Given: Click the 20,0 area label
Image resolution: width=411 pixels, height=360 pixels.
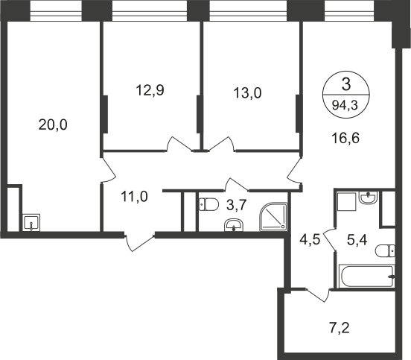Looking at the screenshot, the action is pyautogui.click(x=53, y=124).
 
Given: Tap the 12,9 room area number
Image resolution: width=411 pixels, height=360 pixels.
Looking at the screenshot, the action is pyautogui.click(x=150, y=90).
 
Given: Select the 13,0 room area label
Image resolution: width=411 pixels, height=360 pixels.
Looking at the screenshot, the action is pyautogui.click(x=247, y=93).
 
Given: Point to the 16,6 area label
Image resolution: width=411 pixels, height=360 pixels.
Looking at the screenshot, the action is pyautogui.click(x=345, y=138).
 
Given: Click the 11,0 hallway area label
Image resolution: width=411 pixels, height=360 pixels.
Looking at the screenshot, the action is pyautogui.click(x=135, y=197).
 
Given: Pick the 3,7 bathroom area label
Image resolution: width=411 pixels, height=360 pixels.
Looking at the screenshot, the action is pyautogui.click(x=237, y=205).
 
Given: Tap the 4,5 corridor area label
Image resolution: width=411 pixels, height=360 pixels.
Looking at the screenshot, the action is pyautogui.click(x=310, y=239).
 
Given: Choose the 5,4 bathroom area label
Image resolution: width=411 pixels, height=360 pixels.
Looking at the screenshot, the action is pyautogui.click(x=357, y=240).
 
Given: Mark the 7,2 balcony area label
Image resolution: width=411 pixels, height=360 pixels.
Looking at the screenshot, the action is pyautogui.click(x=340, y=328).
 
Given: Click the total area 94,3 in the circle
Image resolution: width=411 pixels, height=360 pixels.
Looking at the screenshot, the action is pyautogui.click(x=345, y=106).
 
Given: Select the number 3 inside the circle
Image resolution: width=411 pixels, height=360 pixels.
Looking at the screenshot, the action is pyautogui.click(x=346, y=85).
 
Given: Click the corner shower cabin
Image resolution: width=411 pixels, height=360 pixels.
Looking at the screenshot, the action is pyautogui.click(x=274, y=217).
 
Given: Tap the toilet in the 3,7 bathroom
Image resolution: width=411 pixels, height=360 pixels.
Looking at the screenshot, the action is pyautogui.click(x=208, y=204).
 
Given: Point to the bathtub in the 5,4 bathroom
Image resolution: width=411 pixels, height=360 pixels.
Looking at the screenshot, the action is pyautogui.click(x=367, y=276).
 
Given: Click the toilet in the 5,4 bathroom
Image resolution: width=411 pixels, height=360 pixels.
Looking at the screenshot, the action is pyautogui.click(x=385, y=251).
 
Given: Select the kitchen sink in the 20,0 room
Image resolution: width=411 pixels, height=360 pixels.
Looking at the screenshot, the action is pyautogui.click(x=31, y=223).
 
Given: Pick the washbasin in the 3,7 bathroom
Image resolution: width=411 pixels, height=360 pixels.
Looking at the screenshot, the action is pyautogui.click(x=234, y=225).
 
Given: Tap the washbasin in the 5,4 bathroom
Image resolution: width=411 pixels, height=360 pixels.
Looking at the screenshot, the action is pyautogui.click(x=368, y=198).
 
